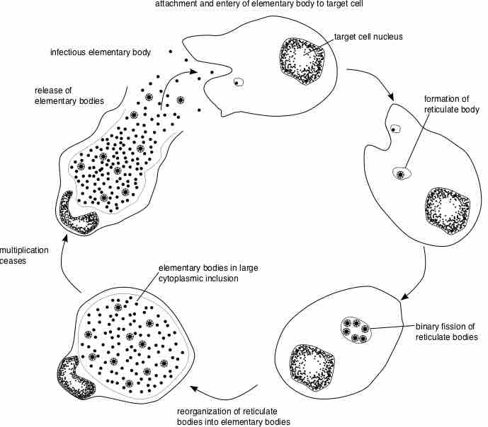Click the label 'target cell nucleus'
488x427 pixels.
(x=368, y=36)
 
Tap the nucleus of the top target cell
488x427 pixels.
(x=304, y=61)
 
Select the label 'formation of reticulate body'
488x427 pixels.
(x=451, y=104)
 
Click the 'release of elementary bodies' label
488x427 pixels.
(x=69, y=95)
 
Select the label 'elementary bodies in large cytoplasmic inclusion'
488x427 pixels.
(x=198, y=273)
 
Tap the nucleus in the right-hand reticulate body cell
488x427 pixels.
(x=446, y=210)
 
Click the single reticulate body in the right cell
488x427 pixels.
(x=401, y=173)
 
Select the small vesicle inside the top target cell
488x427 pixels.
(x=239, y=82)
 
